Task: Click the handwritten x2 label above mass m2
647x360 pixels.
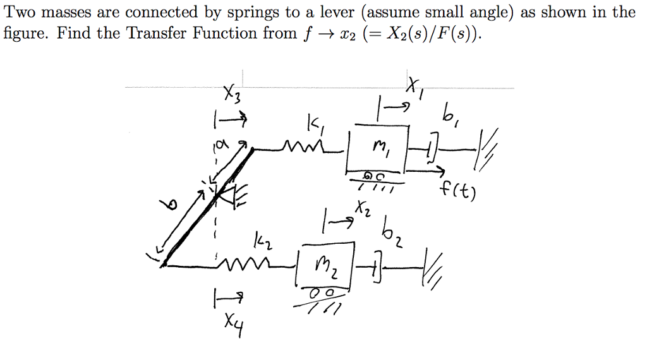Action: coord(362,207)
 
